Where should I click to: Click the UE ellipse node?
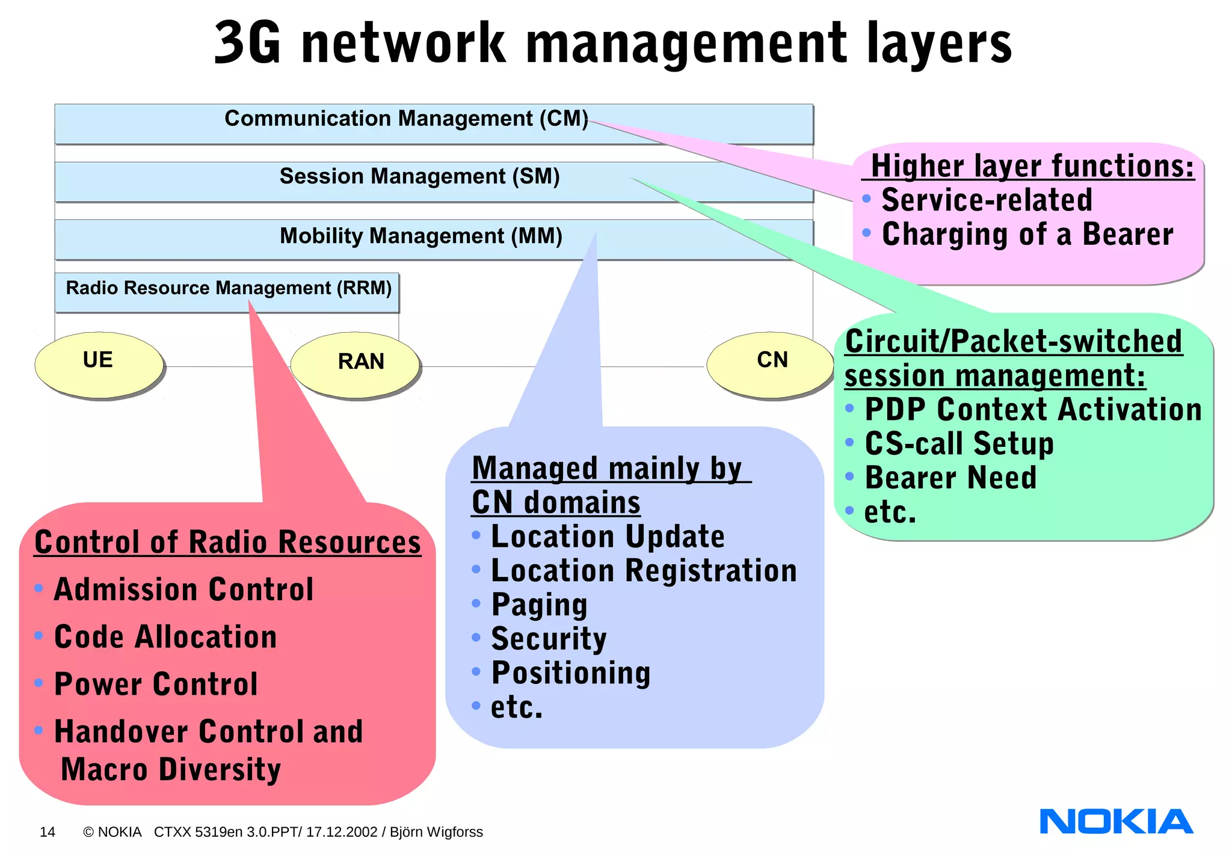click(x=99, y=364)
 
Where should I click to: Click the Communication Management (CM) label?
click(x=406, y=119)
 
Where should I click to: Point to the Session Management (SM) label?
click(x=419, y=176)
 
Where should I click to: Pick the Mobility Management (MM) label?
click(x=420, y=236)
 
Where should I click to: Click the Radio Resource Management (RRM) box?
click(x=227, y=292)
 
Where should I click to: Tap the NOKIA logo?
click(x=1116, y=822)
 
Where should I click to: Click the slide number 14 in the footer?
click(x=48, y=832)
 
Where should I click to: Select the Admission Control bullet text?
click(x=183, y=590)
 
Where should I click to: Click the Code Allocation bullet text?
click(x=165, y=637)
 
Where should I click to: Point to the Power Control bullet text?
click(x=156, y=685)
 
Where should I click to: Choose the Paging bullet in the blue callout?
click(x=539, y=605)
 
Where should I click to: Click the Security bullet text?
click(x=549, y=639)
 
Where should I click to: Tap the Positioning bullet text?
click(x=571, y=673)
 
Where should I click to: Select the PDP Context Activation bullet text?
click(x=1033, y=410)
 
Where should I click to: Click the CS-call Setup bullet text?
click(x=959, y=444)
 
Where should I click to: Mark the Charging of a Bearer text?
click(x=1027, y=235)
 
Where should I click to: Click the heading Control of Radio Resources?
click(x=227, y=542)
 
